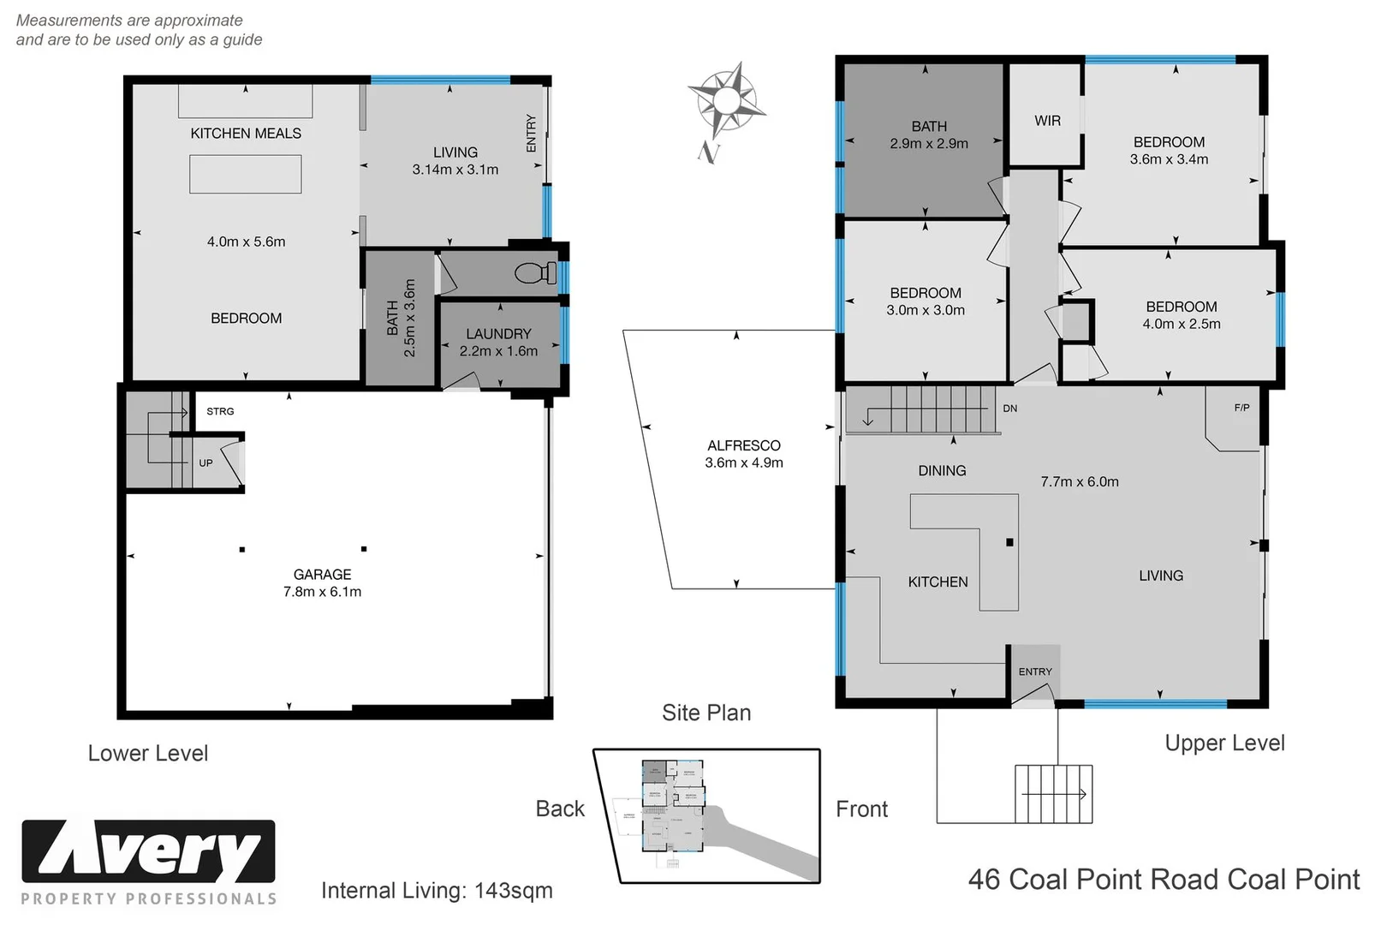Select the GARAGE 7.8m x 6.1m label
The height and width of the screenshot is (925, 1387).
[x=322, y=583]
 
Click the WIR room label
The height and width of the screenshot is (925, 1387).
[x=1047, y=121]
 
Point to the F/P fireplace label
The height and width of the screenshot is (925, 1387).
[x=1241, y=408]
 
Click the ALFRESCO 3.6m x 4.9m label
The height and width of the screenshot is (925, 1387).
[x=743, y=454]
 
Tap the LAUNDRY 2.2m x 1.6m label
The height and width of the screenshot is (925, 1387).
[x=498, y=342]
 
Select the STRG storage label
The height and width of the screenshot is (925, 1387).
[x=220, y=411]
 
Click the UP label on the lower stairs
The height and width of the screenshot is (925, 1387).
[x=205, y=462]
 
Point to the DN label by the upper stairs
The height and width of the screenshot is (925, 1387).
[x=1010, y=409]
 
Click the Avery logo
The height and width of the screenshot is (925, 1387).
[x=149, y=852]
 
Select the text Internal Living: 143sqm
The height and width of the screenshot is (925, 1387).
[x=437, y=891]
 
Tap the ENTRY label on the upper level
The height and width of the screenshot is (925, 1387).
[x=1035, y=671]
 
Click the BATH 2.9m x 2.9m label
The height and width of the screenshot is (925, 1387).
[x=928, y=134]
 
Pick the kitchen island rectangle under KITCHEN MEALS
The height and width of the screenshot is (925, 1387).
[x=245, y=174]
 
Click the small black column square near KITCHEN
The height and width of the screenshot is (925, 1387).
[x=1009, y=542]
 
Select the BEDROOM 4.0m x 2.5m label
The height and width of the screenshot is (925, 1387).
[x=1181, y=315]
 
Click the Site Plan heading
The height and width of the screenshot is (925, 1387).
[x=706, y=713]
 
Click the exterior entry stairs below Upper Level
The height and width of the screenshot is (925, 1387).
[x=1053, y=794]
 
